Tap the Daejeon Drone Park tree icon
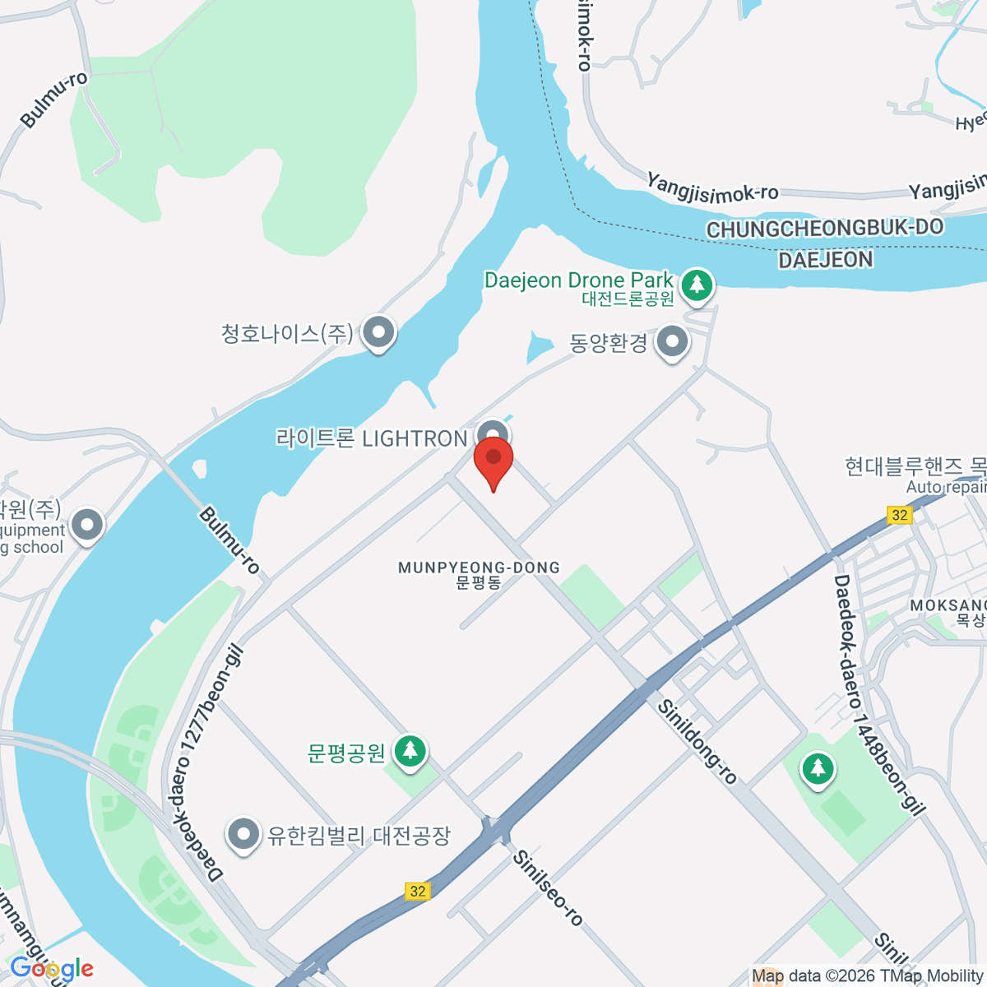pyautogui.click(x=697, y=285)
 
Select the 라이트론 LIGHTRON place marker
pyautogui.click(x=493, y=435)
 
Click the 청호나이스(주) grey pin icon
pyautogui.click(x=378, y=333)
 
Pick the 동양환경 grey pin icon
pyautogui.click(x=673, y=341)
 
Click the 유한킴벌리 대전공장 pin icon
pyautogui.click(x=243, y=834)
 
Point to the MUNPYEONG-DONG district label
pyautogui.click(x=479, y=568)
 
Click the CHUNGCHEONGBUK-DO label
pyautogui.click(x=825, y=229)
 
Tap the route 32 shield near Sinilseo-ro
pyautogui.click(x=418, y=891)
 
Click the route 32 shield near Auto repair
pyautogui.click(x=900, y=515)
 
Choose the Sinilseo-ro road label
pyautogui.click(x=548, y=887)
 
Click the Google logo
pyautogui.click(x=51, y=969)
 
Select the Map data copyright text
pyautogui.click(x=867, y=976)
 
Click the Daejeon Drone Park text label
pyautogui.click(x=578, y=280)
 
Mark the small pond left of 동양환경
pyautogui.click(x=540, y=347)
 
